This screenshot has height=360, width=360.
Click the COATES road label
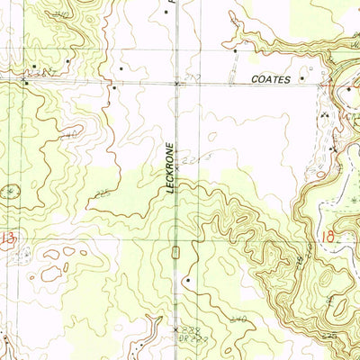coord(271,80)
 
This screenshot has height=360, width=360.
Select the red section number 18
coord(327,238)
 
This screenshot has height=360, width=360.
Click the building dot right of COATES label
coord(302,78)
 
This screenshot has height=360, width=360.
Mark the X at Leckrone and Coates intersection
coord(176,82)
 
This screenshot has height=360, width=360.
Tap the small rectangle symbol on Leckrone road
coord(177,249)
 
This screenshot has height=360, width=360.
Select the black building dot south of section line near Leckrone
coord(186,281)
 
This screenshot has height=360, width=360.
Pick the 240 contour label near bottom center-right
coord(238,319)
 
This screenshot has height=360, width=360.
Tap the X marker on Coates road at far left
coord(24,82)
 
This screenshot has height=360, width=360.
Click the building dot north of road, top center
coord(120,66)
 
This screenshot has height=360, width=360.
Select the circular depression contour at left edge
coord(11,191)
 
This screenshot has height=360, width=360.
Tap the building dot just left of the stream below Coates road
coord(114,88)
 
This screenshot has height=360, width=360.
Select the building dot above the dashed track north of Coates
coord(236,51)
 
